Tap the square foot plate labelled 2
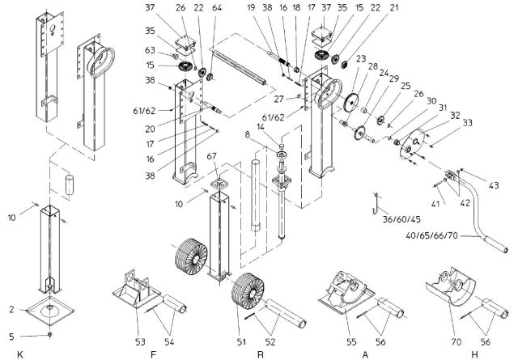(x=51, y=309)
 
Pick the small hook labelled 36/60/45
(x=376, y=199)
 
